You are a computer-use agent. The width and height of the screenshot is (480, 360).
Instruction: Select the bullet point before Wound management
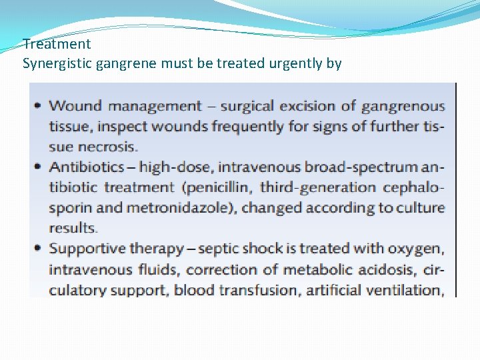point(37,105)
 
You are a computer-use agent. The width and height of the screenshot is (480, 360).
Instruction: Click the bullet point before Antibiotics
point(37,167)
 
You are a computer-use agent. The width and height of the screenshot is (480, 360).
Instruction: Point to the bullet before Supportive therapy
point(37,249)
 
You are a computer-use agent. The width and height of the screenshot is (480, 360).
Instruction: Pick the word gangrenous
point(403,105)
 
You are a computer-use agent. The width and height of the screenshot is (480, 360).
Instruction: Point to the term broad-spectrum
point(355,167)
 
